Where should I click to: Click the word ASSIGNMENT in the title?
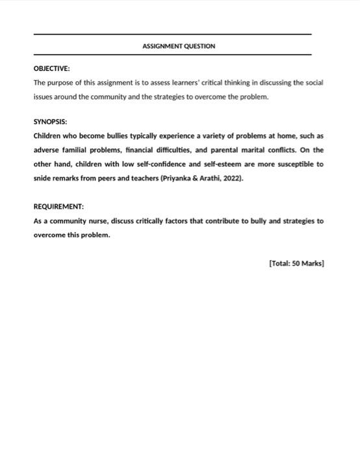click(x=161, y=46)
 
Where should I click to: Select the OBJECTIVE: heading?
click(x=51, y=68)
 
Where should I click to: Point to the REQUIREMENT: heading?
click(x=58, y=206)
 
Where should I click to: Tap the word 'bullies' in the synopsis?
click(x=112, y=136)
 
